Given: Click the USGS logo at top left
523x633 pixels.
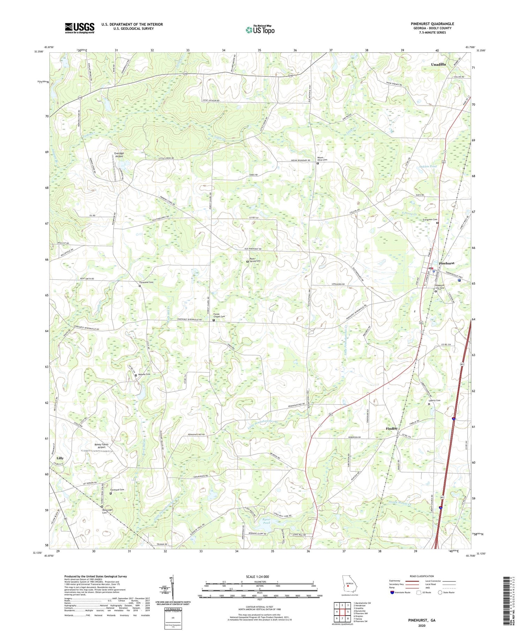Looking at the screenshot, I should coord(79,28).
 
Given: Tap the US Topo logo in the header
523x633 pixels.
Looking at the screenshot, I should coord(260,30).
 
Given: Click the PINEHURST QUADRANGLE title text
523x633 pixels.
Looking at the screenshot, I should coord(432,24).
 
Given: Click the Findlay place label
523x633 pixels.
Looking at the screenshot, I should coord(392,428).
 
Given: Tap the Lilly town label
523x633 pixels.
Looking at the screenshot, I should coord(60,458).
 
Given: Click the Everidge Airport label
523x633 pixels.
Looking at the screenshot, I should coord(119,155).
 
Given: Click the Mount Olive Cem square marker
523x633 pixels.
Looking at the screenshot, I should coord(318,163).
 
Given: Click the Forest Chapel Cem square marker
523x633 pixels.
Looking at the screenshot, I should coord(214,320).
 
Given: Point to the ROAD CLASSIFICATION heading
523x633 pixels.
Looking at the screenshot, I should coord(422,576).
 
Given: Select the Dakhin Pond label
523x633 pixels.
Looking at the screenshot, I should coord(427,167).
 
